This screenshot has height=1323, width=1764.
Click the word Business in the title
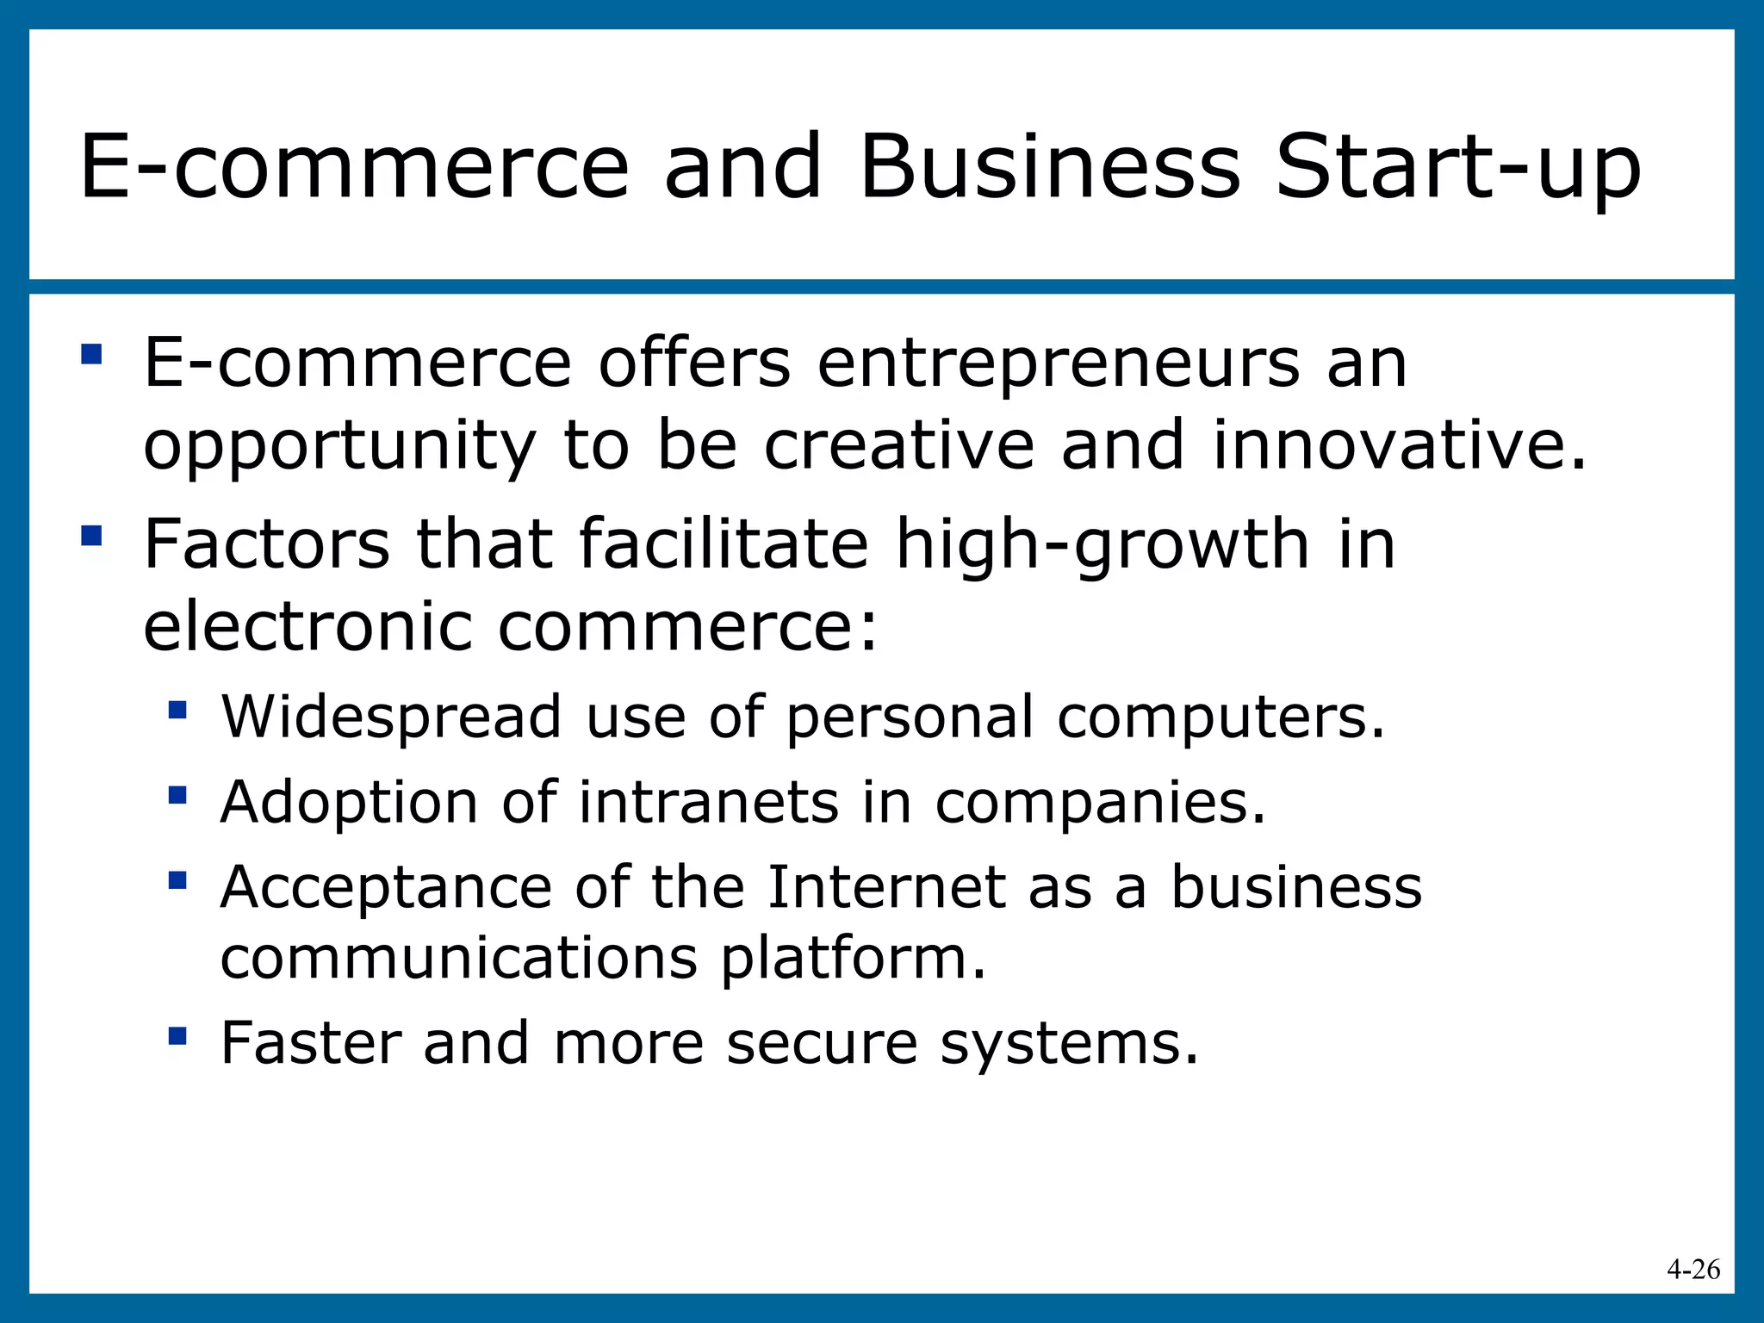point(1050,168)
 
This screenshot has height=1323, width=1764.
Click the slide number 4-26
point(1693,1269)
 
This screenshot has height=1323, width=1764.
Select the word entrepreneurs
point(1058,363)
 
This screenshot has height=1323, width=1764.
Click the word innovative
point(1398,445)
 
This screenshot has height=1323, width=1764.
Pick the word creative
point(898,445)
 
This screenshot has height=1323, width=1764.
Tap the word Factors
point(266,544)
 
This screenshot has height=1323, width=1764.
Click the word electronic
point(307,626)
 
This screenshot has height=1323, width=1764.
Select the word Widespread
point(391,717)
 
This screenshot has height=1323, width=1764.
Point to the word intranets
point(708,803)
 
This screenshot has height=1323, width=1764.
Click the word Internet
point(886,887)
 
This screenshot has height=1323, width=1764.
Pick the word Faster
point(311,1043)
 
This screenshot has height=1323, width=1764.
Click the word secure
point(822,1044)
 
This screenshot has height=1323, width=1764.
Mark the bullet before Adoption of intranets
point(178,794)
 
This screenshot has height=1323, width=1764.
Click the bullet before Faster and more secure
point(178,1035)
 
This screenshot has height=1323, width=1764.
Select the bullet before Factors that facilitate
point(91,537)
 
